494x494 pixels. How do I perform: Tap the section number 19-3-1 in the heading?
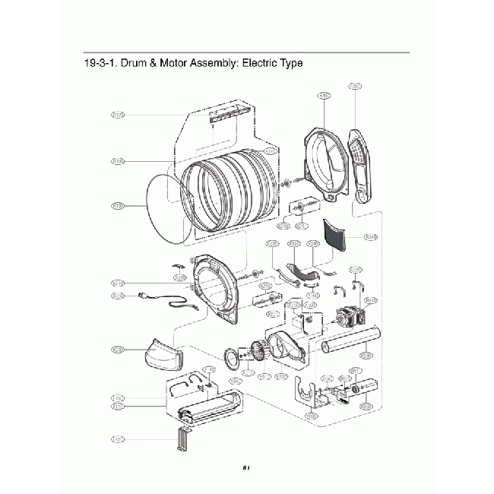coord(101,63)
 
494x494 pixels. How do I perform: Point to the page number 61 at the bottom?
coord(247,467)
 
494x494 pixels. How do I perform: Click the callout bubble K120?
coord(118,116)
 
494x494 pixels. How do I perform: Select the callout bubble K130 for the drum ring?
coord(118,206)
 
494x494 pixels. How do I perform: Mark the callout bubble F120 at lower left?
coord(118,439)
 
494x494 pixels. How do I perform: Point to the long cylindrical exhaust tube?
coord(350,347)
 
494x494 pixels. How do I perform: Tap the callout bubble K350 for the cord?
coord(118,296)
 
